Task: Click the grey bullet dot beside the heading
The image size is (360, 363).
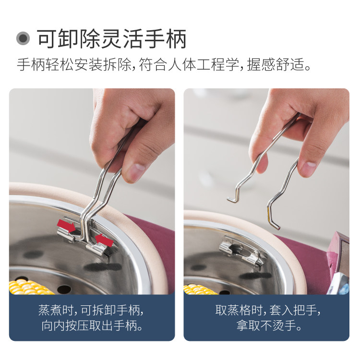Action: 23,38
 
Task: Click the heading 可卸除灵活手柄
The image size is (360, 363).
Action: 112,39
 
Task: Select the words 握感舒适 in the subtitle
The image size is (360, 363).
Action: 276,64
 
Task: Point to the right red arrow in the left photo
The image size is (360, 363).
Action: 104,240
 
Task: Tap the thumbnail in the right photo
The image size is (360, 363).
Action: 308,167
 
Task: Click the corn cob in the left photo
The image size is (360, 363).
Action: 29,287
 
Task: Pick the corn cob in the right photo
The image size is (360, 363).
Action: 200,290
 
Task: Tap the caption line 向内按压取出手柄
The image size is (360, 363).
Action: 92,326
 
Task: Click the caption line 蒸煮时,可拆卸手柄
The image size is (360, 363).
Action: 91,310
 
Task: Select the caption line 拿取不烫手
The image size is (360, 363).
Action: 269,326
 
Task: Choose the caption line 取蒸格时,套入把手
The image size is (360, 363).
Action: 268,310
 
